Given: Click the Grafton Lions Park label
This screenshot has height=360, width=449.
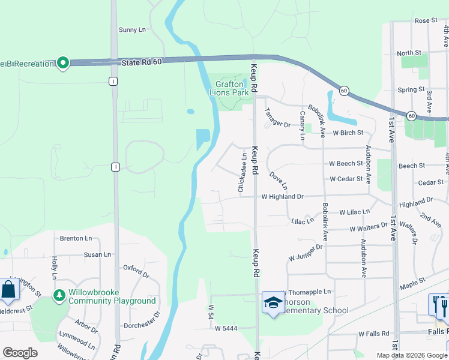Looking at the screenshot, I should (229, 89).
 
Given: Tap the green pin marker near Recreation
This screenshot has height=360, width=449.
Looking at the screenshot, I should (63, 63).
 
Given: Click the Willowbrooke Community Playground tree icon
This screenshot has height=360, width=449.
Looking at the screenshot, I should (59, 295).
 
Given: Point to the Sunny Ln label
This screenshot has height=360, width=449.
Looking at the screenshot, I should (132, 29).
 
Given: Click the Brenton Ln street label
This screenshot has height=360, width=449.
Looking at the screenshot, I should (76, 238).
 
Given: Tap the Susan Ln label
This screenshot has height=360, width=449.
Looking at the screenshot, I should (98, 254).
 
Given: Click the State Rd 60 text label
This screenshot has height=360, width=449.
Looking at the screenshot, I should (141, 62).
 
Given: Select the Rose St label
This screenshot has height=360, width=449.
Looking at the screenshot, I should (426, 20).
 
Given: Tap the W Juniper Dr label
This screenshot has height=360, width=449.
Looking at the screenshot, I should (306, 252).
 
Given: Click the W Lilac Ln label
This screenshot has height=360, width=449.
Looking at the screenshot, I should (355, 212).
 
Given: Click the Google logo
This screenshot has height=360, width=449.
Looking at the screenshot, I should (20, 353).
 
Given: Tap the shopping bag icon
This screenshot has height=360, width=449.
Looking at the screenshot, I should (10, 290).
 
